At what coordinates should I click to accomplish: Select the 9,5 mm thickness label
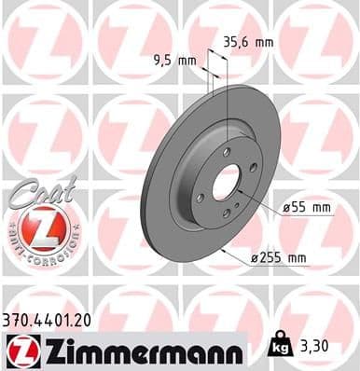click(x=175, y=62)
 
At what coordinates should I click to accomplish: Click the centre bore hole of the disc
click(x=227, y=182)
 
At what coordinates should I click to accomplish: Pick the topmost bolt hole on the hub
click(x=225, y=151)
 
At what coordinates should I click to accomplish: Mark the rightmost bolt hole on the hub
click(x=254, y=168)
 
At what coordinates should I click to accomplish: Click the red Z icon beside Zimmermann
click(x=21, y=350)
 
